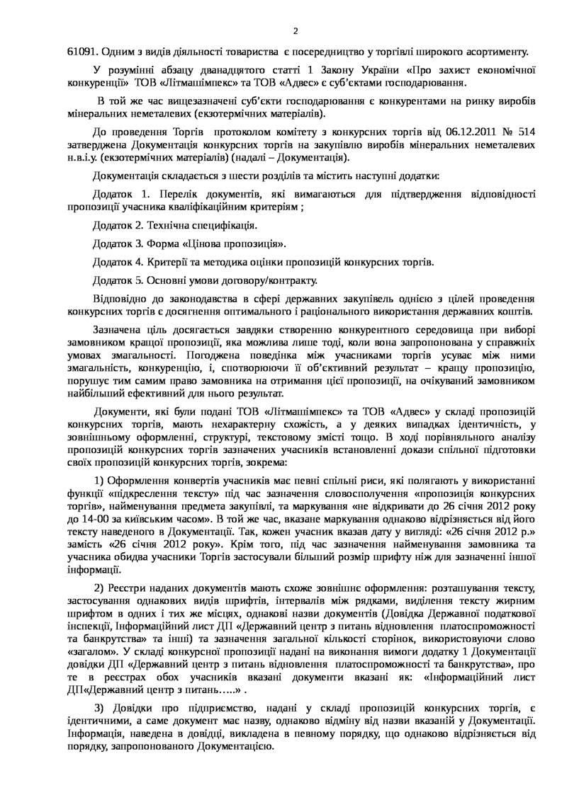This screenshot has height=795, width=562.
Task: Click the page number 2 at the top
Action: pyautogui.click(x=296, y=30)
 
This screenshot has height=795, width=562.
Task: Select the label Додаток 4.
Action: pyautogui.click(x=118, y=263)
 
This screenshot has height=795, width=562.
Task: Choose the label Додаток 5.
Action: pyautogui.click(x=118, y=281)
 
